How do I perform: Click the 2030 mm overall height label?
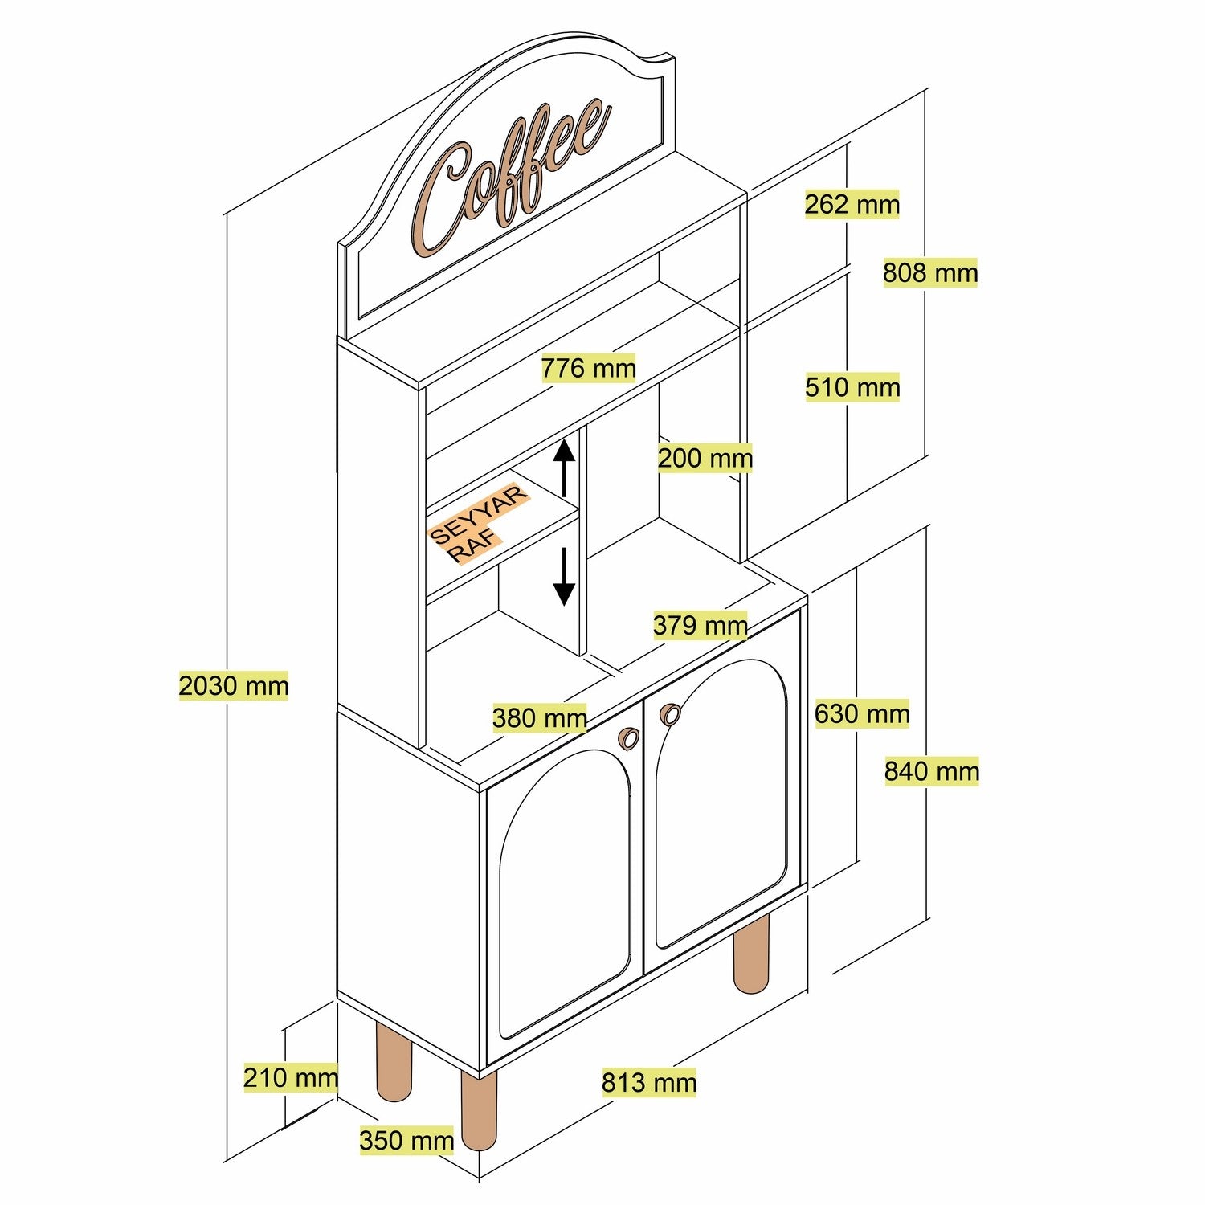pos(233,686)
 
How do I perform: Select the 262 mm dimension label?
pos(852,204)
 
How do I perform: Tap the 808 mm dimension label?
pos(930,273)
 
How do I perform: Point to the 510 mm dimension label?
pos(852,387)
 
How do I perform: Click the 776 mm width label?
pos(588,369)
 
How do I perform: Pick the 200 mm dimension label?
pos(705,459)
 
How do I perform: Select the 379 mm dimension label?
pos(700,625)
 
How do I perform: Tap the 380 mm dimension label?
pos(539,717)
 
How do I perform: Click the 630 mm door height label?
pos(861,713)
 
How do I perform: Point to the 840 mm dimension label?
pos(931,771)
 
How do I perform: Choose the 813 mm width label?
pos(648,1082)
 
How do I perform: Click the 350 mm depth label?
pos(406,1140)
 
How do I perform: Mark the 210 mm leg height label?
pos(290,1077)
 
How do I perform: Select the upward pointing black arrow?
pos(565,467)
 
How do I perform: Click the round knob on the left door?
pos(628,737)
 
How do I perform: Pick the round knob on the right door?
pos(669,713)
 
